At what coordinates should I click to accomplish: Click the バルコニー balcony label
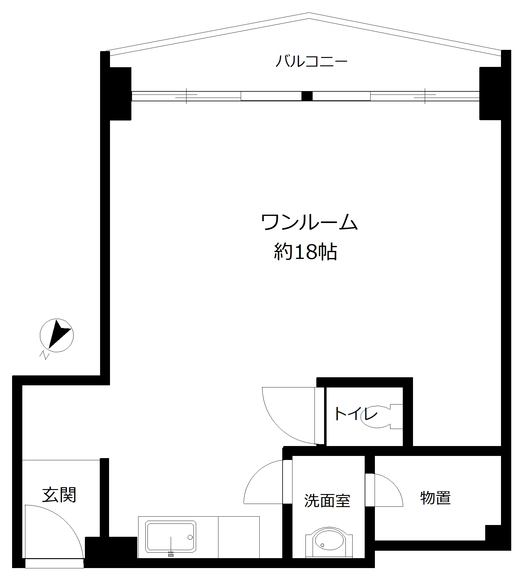(x=311, y=61)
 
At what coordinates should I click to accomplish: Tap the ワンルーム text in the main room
(x=310, y=222)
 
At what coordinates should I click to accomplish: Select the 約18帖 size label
(x=305, y=252)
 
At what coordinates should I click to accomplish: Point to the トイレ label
(x=355, y=414)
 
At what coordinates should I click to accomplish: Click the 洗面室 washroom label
(x=327, y=501)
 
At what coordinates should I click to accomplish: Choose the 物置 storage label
(x=435, y=498)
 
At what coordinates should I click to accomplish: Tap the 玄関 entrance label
(x=59, y=495)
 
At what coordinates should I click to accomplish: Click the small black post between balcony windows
(x=307, y=96)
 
